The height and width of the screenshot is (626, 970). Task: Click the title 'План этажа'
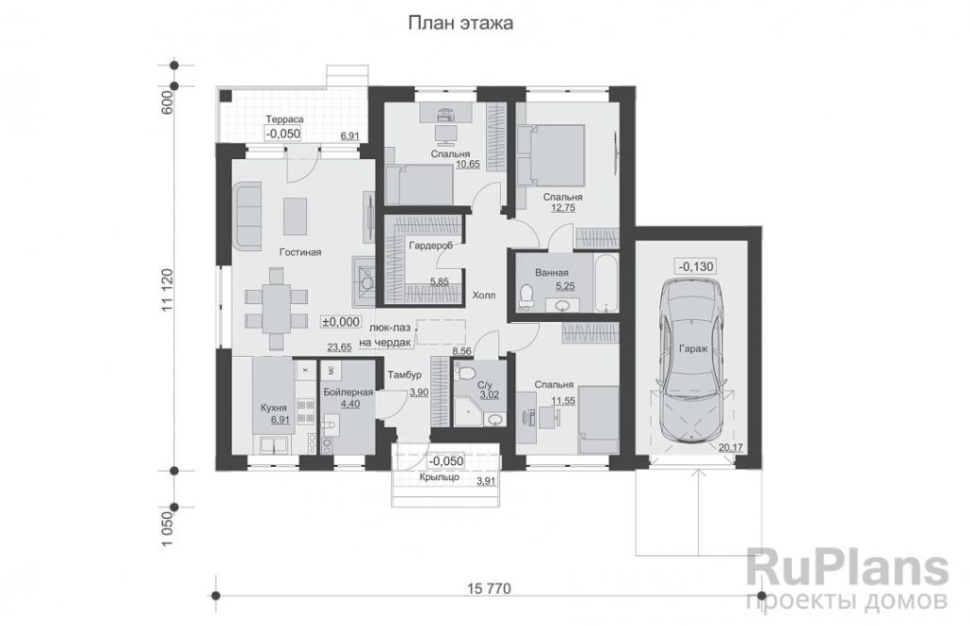[460, 24]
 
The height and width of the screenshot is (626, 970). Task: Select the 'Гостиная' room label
[300, 252]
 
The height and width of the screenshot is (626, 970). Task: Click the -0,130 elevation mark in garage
[696, 267]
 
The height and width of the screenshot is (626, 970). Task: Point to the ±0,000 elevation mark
[340, 322]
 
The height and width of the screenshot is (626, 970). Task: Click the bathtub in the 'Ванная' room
[605, 282]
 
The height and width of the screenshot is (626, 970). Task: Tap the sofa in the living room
[248, 215]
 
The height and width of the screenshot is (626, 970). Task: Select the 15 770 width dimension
[488, 589]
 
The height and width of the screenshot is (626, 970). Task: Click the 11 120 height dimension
[167, 291]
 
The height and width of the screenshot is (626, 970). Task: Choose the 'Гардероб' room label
[431, 245]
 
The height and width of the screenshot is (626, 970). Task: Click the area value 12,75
[563, 208]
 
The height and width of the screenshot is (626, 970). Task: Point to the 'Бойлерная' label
[348, 392]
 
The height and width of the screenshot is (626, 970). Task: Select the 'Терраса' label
[284, 119]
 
